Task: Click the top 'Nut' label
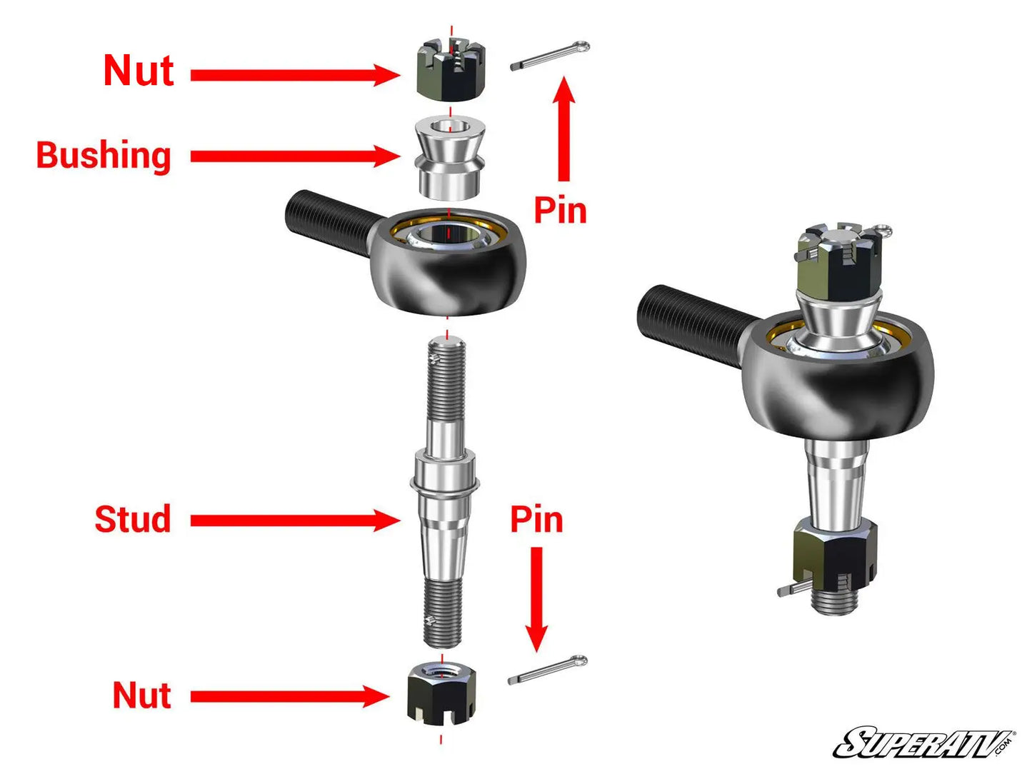pos(139,71)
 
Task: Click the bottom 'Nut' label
pos(141,695)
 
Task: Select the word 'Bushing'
pos(104,156)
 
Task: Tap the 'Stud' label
pos(133,519)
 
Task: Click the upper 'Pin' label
pos(560,211)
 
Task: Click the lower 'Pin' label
pos(536,519)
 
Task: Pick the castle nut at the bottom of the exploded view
pos(441,692)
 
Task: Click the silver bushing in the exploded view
pos(450,158)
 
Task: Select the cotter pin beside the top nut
pos(549,56)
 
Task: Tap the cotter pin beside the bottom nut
pos(547,670)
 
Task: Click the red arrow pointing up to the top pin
pos(564,129)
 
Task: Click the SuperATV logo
pos(923,743)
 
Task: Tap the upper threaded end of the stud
pos(446,379)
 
